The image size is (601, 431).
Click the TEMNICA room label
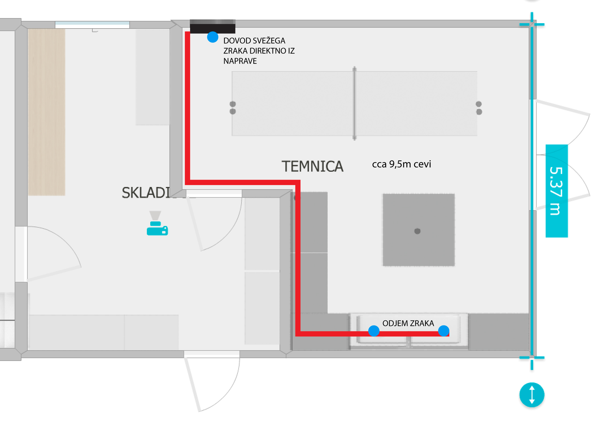click(x=312, y=166)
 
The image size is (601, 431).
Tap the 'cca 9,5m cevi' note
click(x=401, y=164)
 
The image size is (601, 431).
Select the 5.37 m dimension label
click(x=556, y=191)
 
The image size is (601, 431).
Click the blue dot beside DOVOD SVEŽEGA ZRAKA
click(x=213, y=37)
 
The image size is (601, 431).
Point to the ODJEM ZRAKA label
click(x=408, y=323)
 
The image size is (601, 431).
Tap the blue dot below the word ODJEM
click(x=374, y=331)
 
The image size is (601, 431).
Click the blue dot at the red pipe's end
click(x=443, y=331)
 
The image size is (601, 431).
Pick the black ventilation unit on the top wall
click(x=212, y=27)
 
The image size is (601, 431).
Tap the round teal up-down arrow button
click(x=532, y=395)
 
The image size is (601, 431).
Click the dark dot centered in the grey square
click(x=417, y=231)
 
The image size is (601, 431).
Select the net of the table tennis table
click(x=354, y=103)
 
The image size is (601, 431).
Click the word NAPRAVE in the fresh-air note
click(x=240, y=61)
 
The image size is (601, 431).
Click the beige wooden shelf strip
click(x=47, y=112)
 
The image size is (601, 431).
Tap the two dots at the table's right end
click(x=479, y=108)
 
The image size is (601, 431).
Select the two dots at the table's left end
click(x=233, y=108)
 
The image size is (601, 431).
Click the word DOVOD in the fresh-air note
click(x=235, y=41)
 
